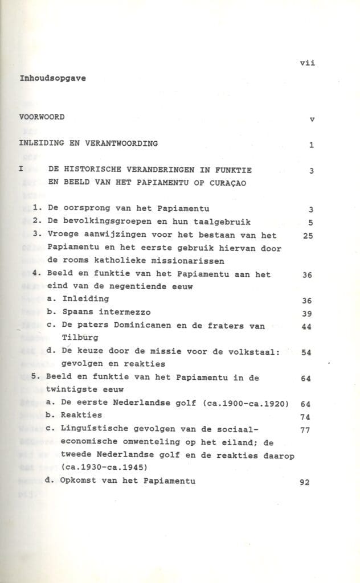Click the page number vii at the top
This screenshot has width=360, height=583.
coord(307,63)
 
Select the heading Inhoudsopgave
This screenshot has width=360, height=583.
coord(53,79)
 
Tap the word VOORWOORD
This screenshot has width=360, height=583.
coord(42,117)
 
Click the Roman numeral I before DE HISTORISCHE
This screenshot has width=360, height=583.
coord(21,169)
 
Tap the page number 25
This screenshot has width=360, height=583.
coord(308,235)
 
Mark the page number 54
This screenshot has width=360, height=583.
coord(306,352)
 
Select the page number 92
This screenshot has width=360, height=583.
coord(304,482)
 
